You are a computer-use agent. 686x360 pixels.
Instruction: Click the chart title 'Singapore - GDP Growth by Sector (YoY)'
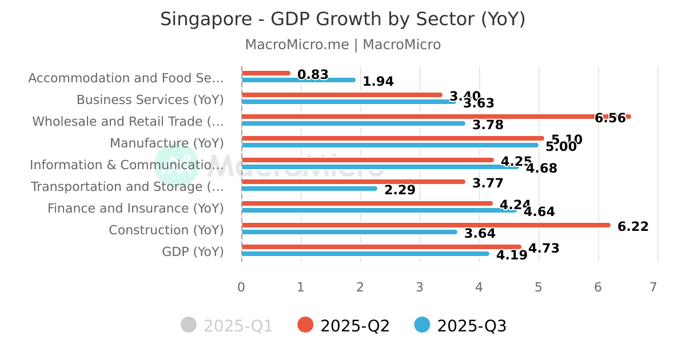pyautogui.click(x=342, y=19)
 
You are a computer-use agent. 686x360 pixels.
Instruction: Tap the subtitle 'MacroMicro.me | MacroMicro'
pyautogui.click(x=342, y=45)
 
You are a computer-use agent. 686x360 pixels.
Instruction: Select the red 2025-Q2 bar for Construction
pyautogui.click(x=426, y=225)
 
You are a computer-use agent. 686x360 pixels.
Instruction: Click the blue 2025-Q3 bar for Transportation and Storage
pyautogui.click(x=309, y=189)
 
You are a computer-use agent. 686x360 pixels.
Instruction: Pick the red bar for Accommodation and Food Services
pyautogui.click(x=266, y=73)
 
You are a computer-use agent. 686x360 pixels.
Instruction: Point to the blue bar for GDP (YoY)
pyautogui.click(x=365, y=254)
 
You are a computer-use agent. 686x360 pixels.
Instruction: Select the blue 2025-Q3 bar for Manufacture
pyautogui.click(x=390, y=145)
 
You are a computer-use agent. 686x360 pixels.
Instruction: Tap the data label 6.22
pyautogui.click(x=633, y=227)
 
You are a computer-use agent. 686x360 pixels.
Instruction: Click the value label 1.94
pyautogui.click(x=378, y=82)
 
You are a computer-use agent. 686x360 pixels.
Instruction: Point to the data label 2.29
pyautogui.click(x=400, y=190)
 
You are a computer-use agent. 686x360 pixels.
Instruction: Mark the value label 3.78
pyautogui.click(x=488, y=125)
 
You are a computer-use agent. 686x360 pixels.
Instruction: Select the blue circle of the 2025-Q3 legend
pyautogui.click(x=422, y=325)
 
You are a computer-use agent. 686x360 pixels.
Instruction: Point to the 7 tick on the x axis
pyautogui.click(x=653, y=287)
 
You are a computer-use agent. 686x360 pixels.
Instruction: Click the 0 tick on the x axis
pyautogui.click(x=241, y=287)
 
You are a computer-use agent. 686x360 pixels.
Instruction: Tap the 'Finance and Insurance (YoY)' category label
pyautogui.click(x=135, y=209)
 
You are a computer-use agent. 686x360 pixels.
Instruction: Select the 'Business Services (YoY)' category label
pyautogui.click(x=150, y=100)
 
